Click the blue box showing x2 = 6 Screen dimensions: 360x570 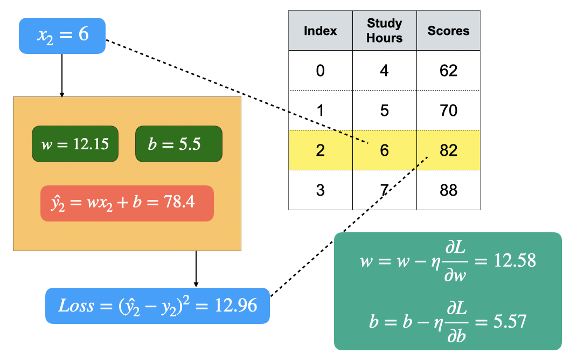point(62,36)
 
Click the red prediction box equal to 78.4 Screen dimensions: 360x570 point(127,203)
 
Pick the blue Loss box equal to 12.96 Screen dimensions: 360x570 point(157,306)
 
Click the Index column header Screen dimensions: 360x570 point(321,31)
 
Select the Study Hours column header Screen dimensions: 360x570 point(385,31)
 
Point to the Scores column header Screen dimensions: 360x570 point(448,31)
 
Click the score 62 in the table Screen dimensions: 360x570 point(448,71)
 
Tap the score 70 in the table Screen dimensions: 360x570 point(448,110)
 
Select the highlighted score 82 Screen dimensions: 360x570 point(448,150)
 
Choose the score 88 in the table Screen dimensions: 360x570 point(448,190)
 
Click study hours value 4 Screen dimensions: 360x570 point(385,71)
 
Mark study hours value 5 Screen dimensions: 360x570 point(385,110)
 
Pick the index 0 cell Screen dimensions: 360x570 point(321,71)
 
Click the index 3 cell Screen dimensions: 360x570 point(321,190)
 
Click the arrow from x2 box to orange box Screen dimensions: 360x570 point(62,75)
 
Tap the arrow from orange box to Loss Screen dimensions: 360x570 point(196,269)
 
